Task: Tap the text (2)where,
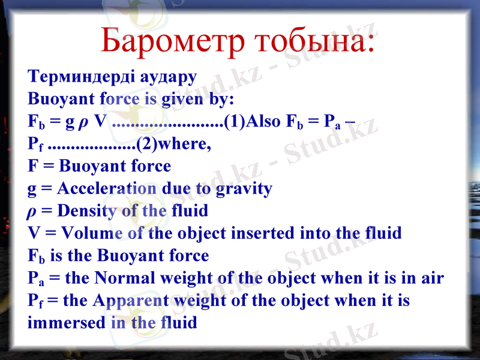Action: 174,144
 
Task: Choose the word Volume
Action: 92,233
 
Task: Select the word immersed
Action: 67,322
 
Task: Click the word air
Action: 431,278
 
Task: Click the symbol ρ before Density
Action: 32,212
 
